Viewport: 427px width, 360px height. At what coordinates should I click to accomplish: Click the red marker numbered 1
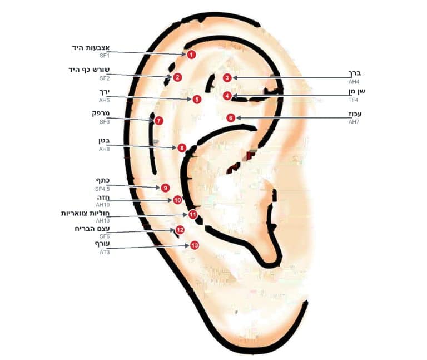[191, 55]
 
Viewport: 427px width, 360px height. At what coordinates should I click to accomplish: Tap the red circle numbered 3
[227, 78]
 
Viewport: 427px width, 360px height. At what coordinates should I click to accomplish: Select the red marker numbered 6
[231, 118]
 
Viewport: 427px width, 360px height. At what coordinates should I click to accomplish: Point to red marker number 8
[182, 148]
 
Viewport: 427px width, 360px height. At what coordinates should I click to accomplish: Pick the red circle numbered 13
[195, 245]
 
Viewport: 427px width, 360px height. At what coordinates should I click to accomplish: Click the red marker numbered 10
[177, 200]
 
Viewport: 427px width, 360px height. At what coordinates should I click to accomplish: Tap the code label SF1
[105, 56]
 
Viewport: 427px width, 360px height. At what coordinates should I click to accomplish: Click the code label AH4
[354, 82]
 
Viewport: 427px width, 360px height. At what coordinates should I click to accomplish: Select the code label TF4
[353, 100]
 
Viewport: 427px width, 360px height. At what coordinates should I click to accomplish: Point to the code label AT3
[105, 253]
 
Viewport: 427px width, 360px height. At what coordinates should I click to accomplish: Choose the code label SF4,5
[102, 189]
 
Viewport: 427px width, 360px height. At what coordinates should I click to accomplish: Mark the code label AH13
[103, 220]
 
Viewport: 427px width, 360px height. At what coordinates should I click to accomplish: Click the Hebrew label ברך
[355, 73]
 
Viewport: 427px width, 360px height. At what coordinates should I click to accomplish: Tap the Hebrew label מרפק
[101, 114]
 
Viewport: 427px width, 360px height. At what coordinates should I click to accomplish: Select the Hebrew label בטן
[105, 141]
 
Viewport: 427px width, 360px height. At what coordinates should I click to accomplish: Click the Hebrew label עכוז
[355, 114]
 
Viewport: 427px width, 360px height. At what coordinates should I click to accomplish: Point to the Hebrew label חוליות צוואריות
[85, 213]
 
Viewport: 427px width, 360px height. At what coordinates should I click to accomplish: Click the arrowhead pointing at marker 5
[190, 100]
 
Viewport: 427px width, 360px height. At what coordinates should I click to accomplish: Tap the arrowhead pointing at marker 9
[158, 188]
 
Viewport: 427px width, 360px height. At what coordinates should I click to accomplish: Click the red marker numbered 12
[180, 230]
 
